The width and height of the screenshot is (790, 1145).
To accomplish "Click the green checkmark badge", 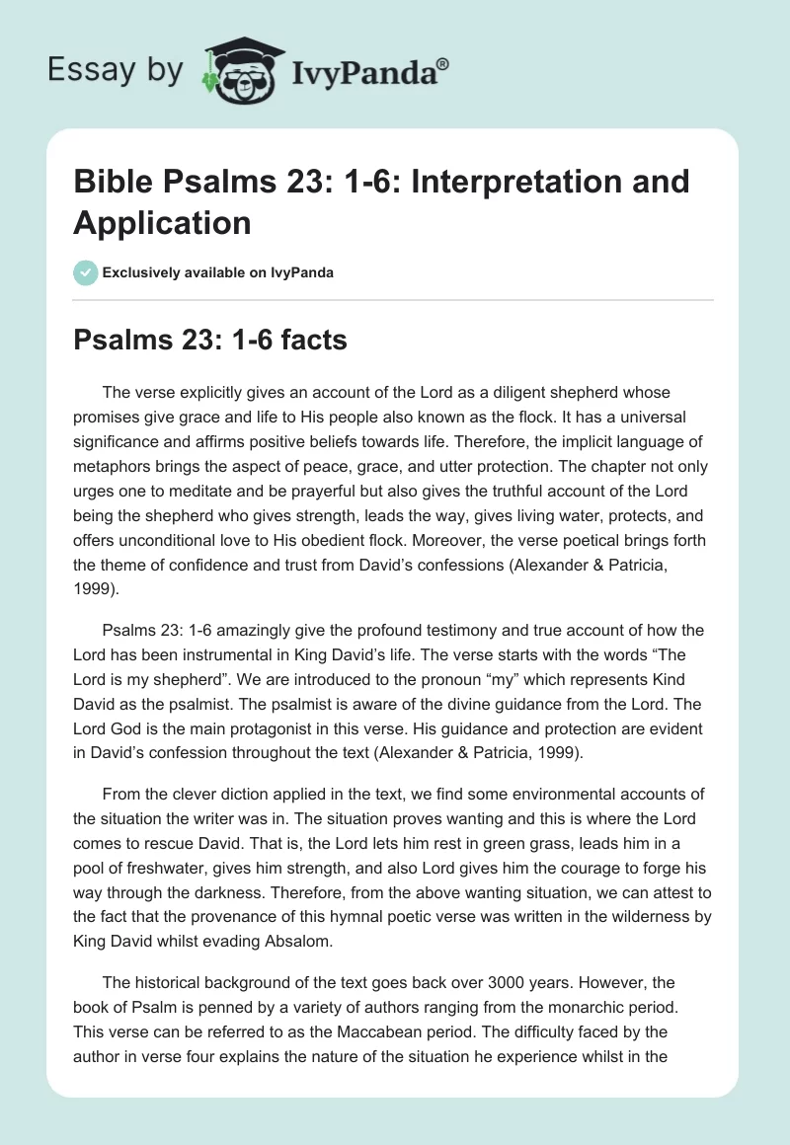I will (x=86, y=272).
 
